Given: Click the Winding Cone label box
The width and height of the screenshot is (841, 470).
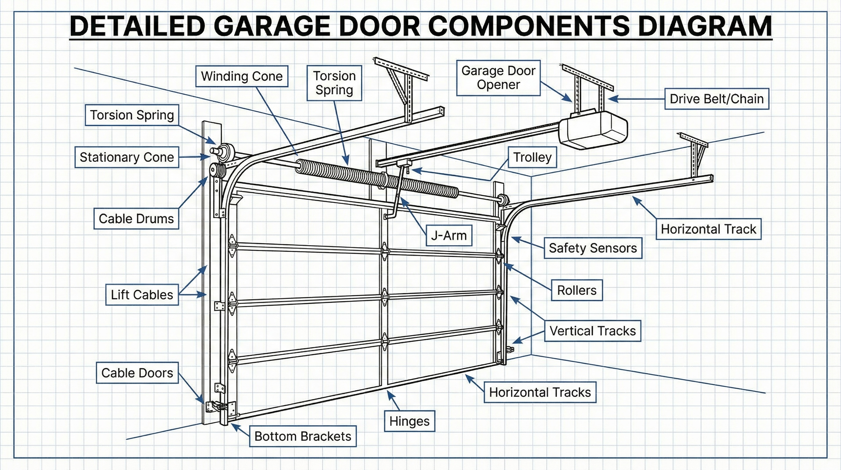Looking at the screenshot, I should pos(242,76).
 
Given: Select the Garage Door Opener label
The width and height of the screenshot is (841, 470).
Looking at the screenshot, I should pos(498,78).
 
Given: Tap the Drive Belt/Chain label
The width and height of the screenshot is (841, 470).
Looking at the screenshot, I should pos(717,99).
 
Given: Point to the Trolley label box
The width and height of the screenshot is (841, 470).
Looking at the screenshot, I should pos(532,157).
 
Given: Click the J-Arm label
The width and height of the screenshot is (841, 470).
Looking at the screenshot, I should pos(449,235).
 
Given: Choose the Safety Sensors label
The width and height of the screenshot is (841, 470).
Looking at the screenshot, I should pos(593,248).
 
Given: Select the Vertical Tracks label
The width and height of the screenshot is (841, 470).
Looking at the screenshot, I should pos(592,331).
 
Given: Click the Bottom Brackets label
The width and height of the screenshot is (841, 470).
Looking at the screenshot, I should pos(303,436).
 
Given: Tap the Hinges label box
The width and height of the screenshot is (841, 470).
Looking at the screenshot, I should pos(409,421).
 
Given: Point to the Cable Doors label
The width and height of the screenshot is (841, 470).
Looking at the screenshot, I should pos(137,373).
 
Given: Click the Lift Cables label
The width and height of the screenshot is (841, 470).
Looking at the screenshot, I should pos(142,295).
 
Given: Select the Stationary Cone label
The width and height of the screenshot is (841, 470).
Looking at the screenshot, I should pos(127,157).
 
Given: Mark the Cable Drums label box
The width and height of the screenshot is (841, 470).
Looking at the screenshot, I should pos(136,219).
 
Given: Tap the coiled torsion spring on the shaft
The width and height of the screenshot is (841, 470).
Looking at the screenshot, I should pos(376,178).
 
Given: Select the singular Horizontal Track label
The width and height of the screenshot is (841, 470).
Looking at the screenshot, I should pos(708,229).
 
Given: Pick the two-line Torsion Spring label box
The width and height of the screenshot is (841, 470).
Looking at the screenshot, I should pos(334,83).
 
